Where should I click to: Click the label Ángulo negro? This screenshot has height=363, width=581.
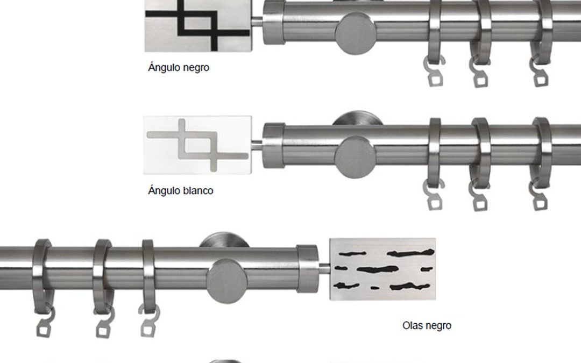(x=179, y=68)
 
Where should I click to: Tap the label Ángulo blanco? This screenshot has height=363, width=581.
(x=180, y=191)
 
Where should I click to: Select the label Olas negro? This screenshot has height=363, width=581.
(x=427, y=325)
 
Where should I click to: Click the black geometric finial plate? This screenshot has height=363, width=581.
(x=198, y=26)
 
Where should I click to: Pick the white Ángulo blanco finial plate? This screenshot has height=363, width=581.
(x=198, y=145)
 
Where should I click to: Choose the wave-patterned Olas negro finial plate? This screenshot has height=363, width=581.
(x=382, y=269)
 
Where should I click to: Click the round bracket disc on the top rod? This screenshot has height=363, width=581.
(x=356, y=33)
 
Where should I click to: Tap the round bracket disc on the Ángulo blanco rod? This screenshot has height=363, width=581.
(x=355, y=157)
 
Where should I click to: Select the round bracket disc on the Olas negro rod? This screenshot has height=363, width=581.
(x=227, y=281)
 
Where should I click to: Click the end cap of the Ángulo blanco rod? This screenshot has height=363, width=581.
(x=274, y=146)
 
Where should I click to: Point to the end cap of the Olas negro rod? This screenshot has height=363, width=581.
(x=307, y=268)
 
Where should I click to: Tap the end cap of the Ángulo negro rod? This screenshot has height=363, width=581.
(x=274, y=22)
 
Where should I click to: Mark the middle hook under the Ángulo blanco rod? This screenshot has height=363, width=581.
(x=478, y=196)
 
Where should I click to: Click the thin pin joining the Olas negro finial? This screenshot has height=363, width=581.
(x=324, y=268)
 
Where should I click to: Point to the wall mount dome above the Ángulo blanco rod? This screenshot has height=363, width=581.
(x=357, y=118)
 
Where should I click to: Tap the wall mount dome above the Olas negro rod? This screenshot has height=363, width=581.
(x=224, y=240)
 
